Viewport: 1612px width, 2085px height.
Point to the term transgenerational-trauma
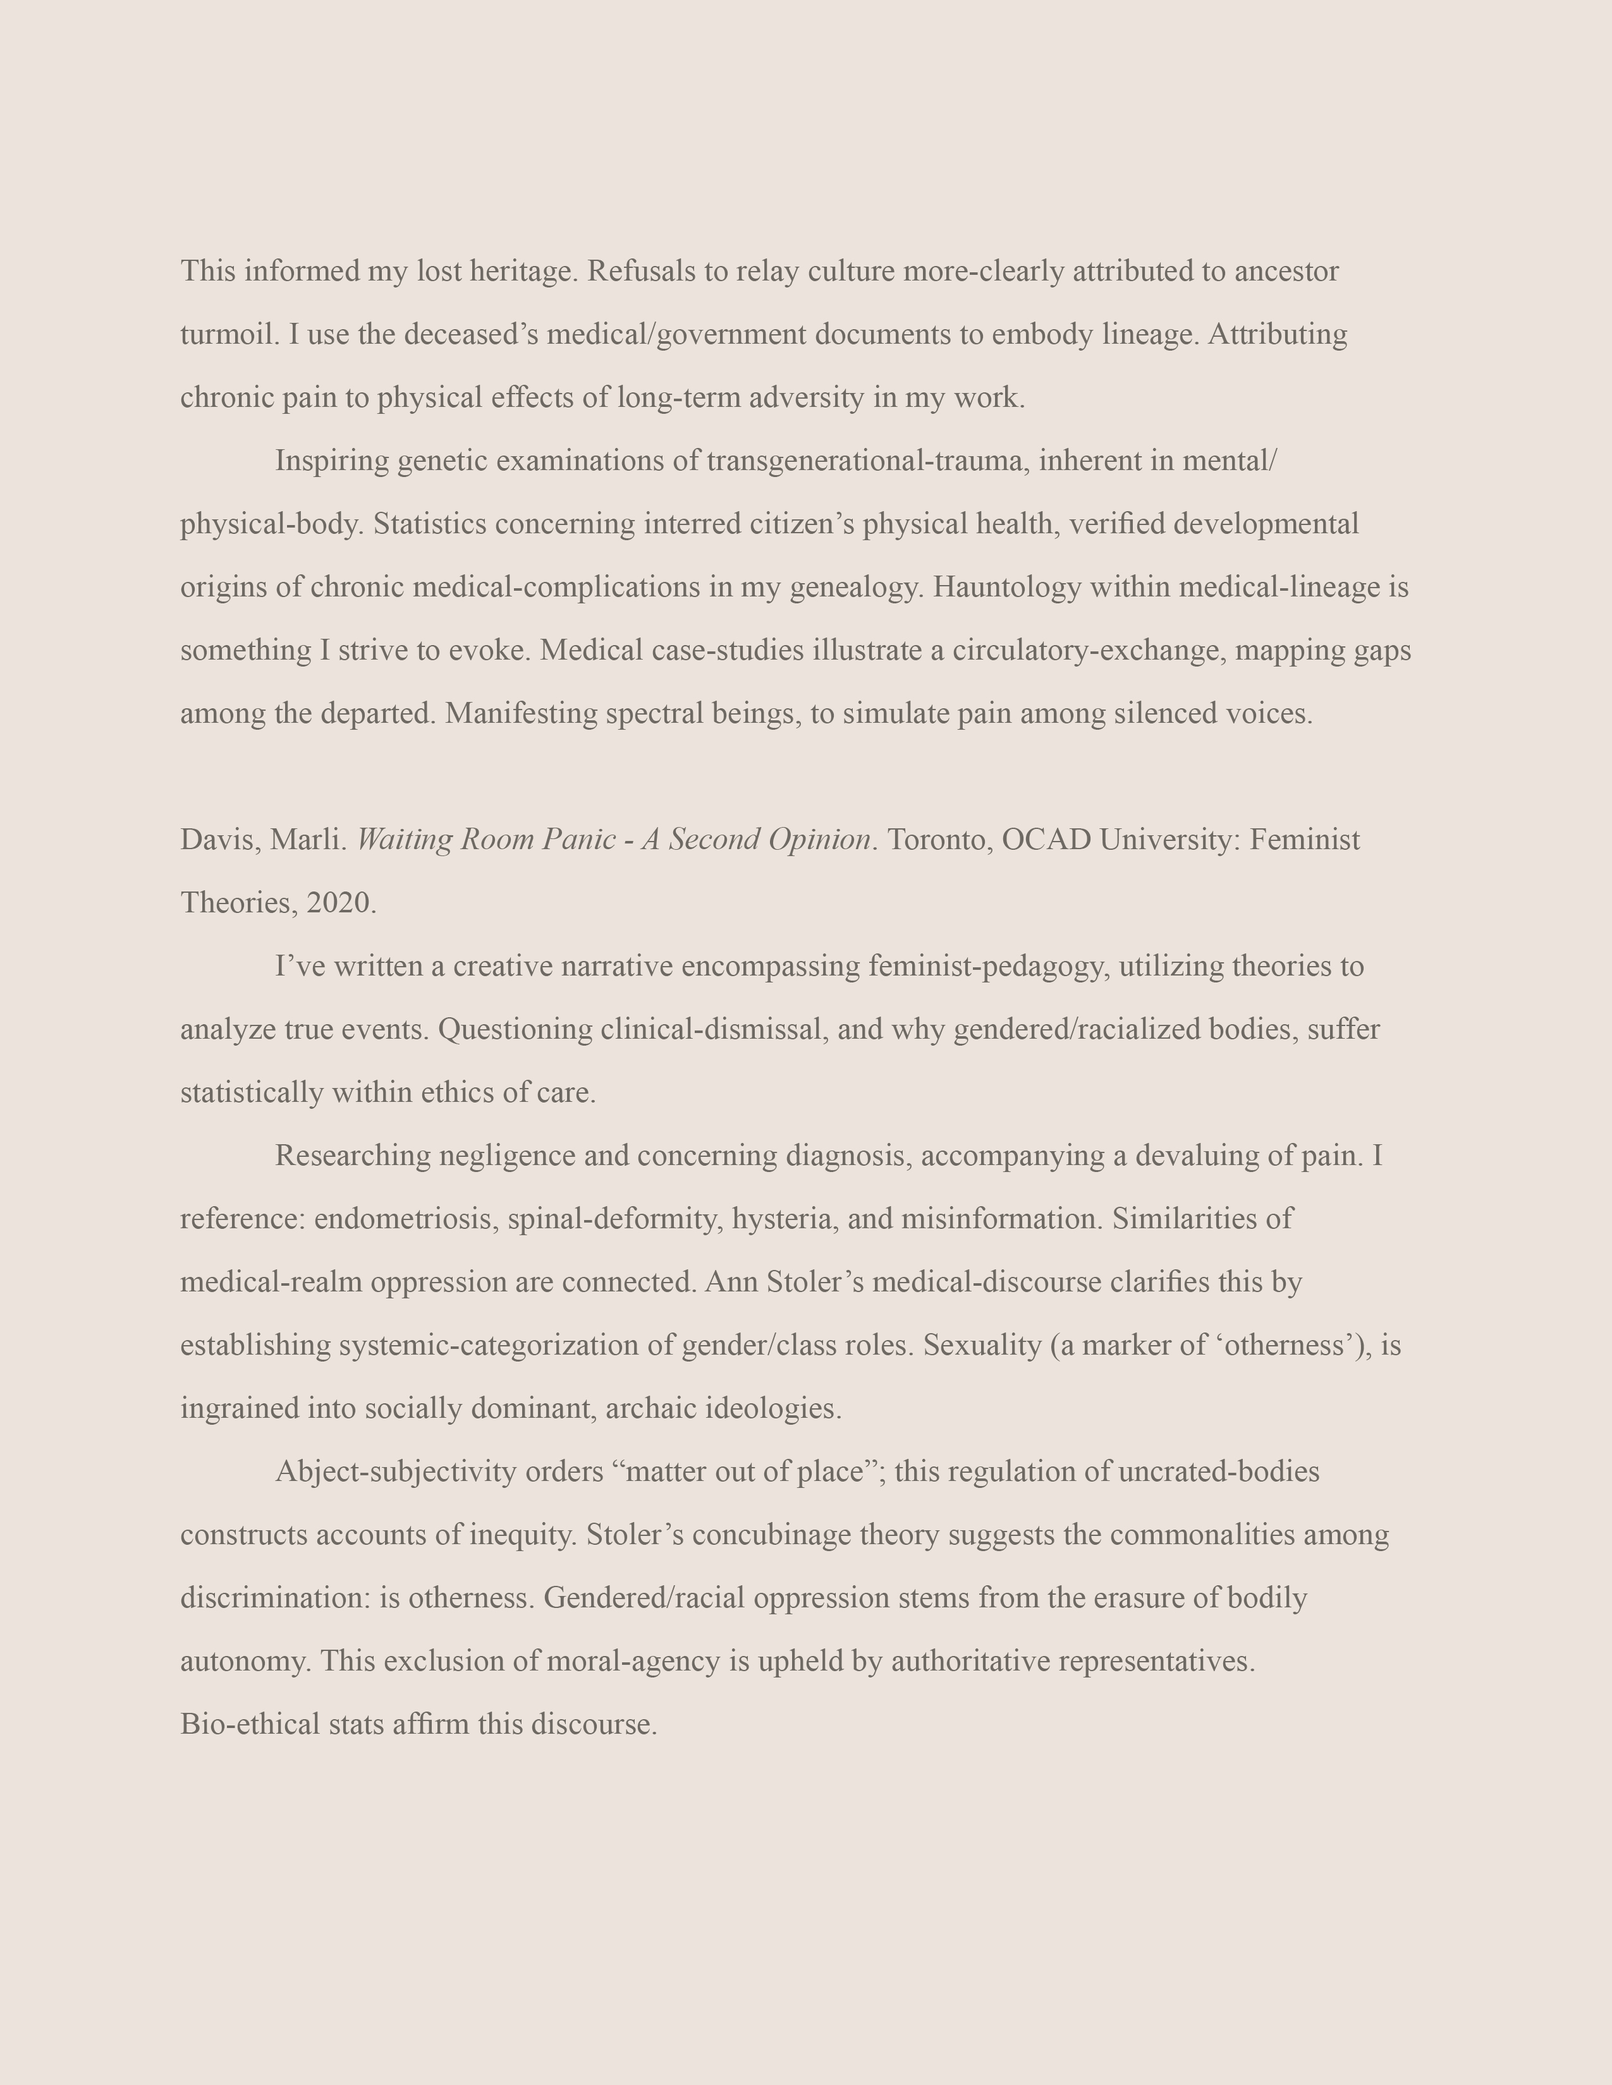click(867, 461)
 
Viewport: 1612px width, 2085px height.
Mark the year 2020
click(341, 903)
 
